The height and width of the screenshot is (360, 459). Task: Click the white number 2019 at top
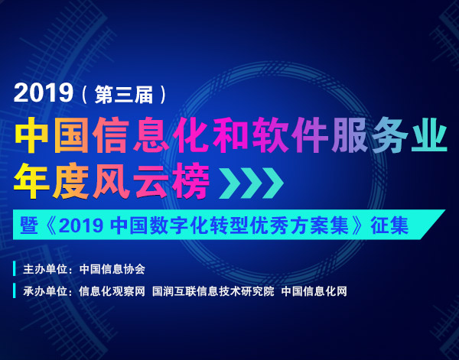point(43,93)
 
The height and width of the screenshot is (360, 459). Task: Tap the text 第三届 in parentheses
point(123,94)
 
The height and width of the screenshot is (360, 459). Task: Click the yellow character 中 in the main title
point(31,135)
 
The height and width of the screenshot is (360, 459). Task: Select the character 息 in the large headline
point(151,135)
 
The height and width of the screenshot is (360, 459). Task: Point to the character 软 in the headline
point(271,135)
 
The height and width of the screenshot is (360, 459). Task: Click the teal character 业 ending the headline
point(429,135)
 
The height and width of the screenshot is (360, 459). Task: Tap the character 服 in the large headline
point(350,135)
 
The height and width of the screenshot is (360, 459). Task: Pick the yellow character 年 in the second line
point(31,181)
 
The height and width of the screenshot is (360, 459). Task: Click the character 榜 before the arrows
point(190,181)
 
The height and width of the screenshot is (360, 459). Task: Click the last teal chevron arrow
point(273,183)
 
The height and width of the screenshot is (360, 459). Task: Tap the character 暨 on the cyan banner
point(29,225)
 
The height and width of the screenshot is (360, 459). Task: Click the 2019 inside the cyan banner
point(81,225)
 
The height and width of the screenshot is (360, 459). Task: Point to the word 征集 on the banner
point(389,225)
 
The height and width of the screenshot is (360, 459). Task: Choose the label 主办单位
point(45,269)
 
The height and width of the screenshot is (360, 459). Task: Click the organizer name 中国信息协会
point(112,269)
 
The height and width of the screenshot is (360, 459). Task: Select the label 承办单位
point(45,291)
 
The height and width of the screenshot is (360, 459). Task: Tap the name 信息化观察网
point(112,291)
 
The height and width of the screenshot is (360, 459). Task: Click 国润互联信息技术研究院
point(213,291)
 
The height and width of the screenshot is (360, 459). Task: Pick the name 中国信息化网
point(314,291)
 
